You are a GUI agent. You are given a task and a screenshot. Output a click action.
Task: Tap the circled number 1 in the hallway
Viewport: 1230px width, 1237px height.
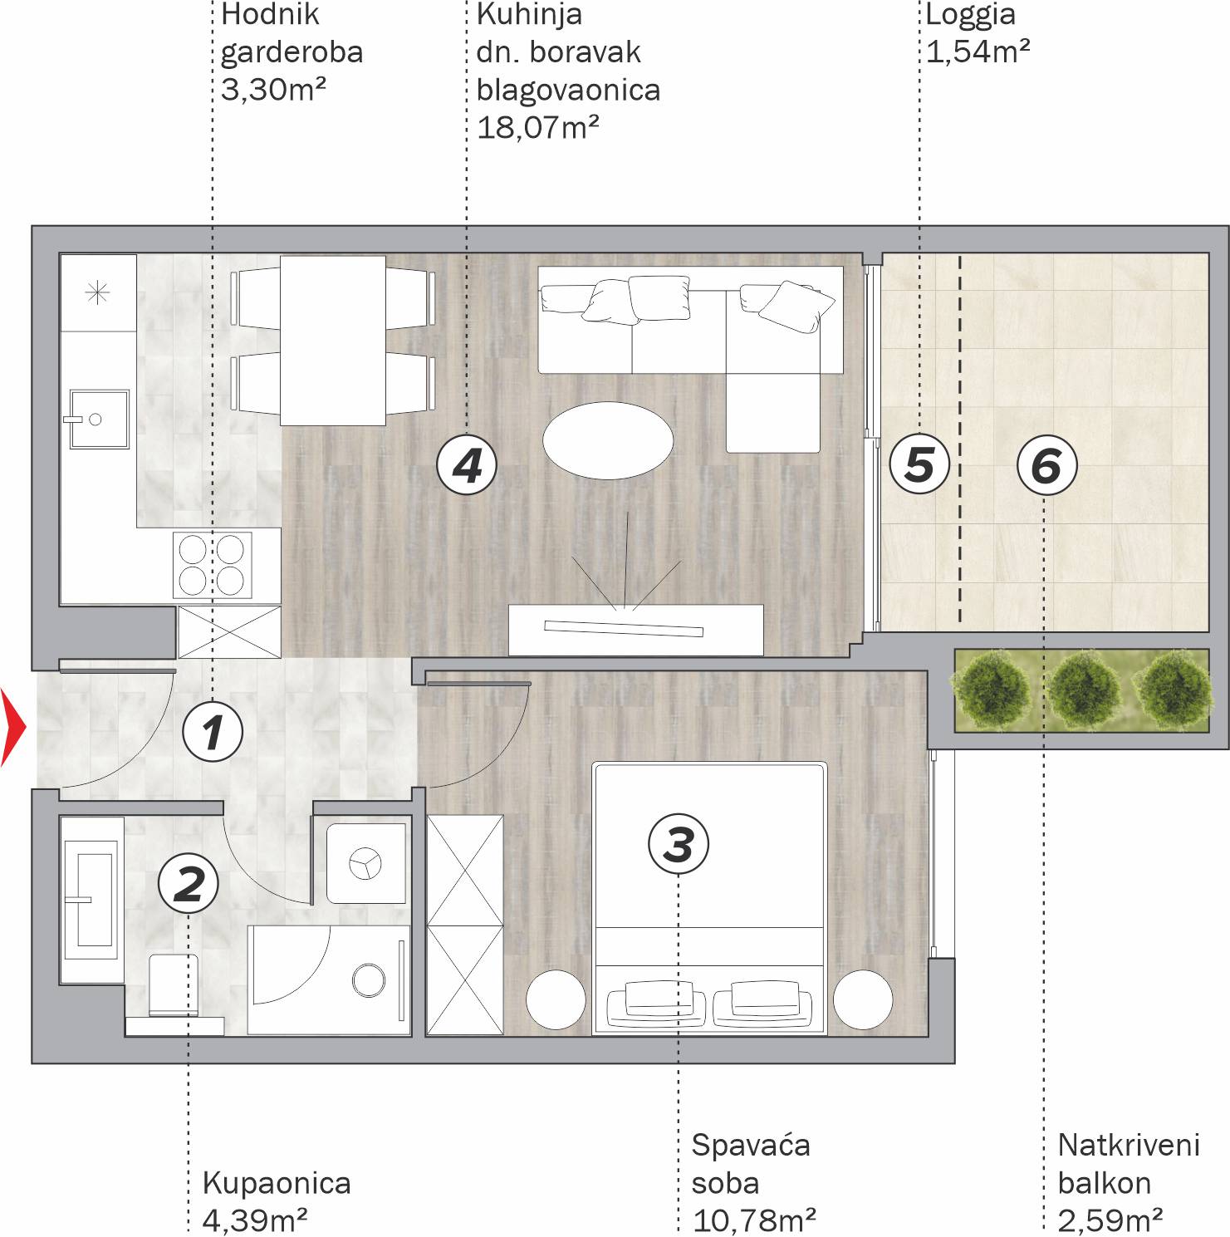coord(213,732)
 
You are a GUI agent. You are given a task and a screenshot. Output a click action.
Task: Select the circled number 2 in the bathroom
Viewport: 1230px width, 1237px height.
coord(189,883)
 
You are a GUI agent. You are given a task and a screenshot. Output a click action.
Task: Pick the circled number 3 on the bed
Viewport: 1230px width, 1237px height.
coord(679,844)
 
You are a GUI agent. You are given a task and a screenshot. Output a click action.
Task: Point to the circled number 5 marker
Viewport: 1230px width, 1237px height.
coord(919,464)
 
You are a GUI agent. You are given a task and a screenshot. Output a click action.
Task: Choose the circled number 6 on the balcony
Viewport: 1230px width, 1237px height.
coord(1046,465)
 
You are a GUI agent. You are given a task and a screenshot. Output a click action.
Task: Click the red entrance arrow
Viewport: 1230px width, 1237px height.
coord(14,727)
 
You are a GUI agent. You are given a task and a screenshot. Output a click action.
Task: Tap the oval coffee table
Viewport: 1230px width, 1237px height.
coord(608,440)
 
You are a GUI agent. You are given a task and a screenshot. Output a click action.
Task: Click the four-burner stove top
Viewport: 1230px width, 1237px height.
coord(212,565)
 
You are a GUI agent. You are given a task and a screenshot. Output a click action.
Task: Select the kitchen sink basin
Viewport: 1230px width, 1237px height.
coord(99,420)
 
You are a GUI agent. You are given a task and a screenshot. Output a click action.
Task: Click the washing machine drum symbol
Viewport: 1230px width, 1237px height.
coord(365,863)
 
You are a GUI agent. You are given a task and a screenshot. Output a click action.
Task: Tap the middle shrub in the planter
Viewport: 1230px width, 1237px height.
coord(1083,690)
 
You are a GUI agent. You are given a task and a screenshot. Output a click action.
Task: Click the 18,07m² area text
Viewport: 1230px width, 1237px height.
coord(538,128)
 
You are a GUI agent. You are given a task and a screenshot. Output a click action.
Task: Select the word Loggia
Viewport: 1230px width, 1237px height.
coord(970,15)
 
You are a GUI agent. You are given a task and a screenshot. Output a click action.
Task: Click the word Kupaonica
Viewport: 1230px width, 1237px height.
coord(277,1183)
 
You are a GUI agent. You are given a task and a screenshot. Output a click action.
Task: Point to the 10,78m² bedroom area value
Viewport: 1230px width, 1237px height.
coord(753,1220)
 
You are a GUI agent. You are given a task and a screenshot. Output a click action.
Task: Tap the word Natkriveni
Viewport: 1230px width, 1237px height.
coord(1129,1146)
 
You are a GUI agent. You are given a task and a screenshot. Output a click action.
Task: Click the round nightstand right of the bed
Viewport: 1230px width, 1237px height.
coord(863,999)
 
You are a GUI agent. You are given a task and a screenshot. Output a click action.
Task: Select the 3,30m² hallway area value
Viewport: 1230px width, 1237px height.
coord(273,89)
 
